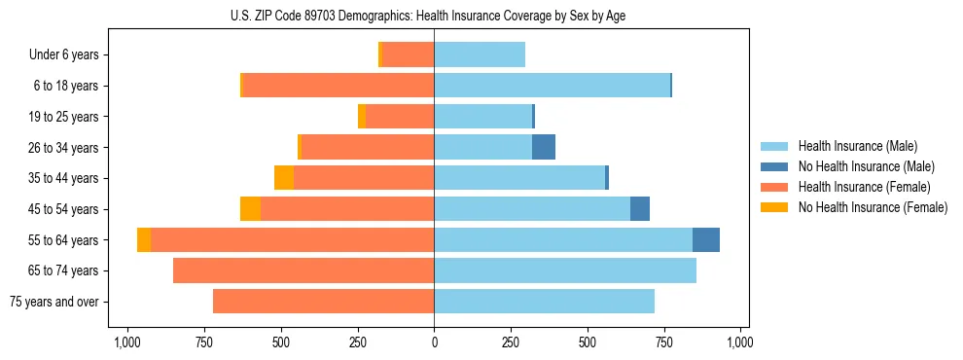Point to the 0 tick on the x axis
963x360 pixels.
434,342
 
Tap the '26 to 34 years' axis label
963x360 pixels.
65,148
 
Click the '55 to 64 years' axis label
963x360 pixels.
65,240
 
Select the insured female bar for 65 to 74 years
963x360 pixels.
303,270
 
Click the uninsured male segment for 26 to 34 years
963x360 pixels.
544,147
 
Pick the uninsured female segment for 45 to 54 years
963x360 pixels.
250,209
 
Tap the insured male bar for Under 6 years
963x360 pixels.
480,54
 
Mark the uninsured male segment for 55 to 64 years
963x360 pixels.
706,239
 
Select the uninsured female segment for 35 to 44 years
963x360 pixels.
284,178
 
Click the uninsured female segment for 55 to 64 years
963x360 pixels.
144,239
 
